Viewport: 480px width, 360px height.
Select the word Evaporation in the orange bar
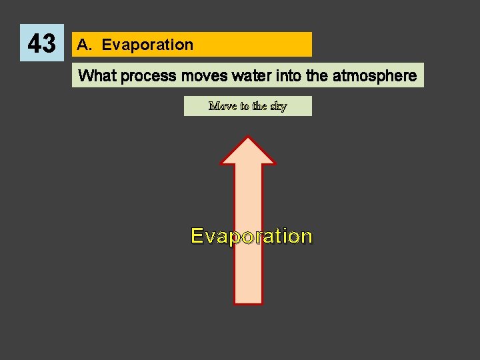click(147, 45)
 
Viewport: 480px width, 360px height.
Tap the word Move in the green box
click(223, 106)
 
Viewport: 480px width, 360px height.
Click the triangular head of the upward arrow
click(248, 153)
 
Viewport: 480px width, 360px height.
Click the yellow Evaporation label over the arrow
click(251, 236)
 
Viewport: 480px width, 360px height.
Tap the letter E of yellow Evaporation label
click(197, 236)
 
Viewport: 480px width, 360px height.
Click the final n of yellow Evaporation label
click(305, 236)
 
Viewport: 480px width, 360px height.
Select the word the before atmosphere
click(317, 76)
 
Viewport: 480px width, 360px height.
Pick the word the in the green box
click(259, 106)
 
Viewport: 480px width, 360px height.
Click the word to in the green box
click(244, 106)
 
